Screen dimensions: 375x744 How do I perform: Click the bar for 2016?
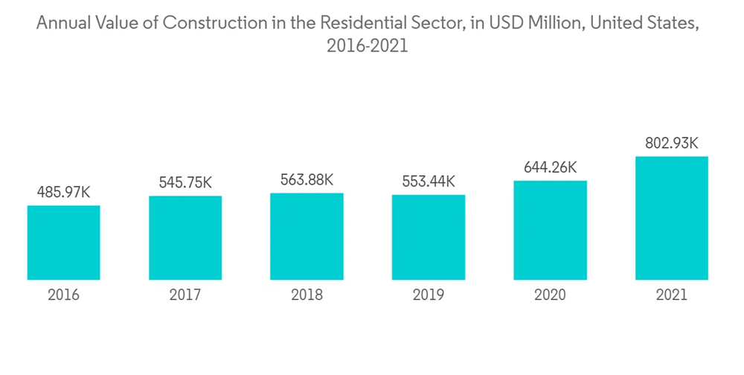click(64, 243)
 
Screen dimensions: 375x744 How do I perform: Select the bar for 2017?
click(185, 238)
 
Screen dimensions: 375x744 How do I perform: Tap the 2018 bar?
click(307, 237)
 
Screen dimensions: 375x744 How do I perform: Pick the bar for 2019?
click(429, 237)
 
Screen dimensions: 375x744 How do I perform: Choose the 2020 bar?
click(550, 230)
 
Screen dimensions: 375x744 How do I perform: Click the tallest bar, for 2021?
click(671, 218)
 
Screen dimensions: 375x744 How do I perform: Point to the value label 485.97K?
click(64, 193)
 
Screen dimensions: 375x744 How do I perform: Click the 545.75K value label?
click(185, 182)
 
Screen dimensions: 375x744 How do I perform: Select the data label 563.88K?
click(307, 179)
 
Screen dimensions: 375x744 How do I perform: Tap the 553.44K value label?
click(429, 182)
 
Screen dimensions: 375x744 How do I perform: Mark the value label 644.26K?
click(550, 167)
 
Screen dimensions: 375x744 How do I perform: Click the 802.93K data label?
click(671, 143)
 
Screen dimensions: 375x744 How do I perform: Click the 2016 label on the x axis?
click(64, 295)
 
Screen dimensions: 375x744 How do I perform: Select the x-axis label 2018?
click(307, 295)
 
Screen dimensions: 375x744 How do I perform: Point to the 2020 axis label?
click(550, 295)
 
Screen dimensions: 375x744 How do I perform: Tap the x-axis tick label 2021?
click(671, 295)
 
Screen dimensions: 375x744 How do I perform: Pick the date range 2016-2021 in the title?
click(368, 46)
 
